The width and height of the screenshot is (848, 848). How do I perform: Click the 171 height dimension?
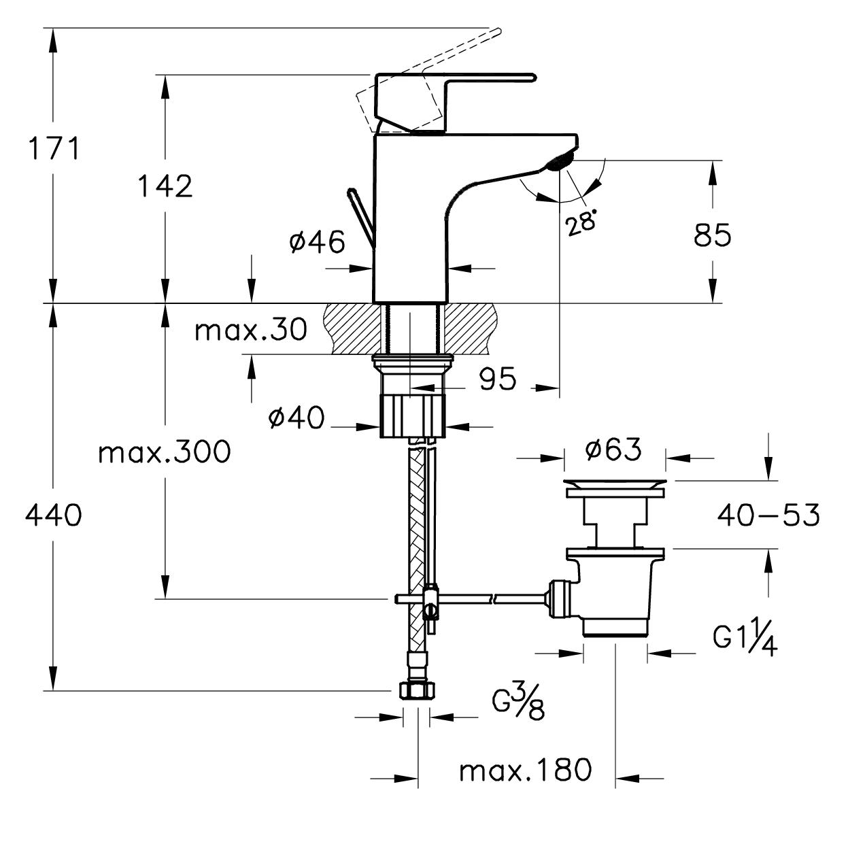(x=54, y=148)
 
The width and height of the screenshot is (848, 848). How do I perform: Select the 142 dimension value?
(x=165, y=186)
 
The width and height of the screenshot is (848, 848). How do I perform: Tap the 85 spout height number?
(x=713, y=235)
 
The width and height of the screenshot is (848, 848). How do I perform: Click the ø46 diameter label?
(x=317, y=242)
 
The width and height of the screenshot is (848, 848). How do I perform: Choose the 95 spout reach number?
(x=497, y=379)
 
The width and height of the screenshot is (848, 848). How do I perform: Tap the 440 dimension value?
(x=53, y=514)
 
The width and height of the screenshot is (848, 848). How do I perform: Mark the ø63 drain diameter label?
(x=613, y=450)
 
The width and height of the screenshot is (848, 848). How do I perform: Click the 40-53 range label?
(x=768, y=514)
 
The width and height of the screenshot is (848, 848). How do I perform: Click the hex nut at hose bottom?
(x=417, y=690)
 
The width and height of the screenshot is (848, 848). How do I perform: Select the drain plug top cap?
(x=615, y=484)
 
